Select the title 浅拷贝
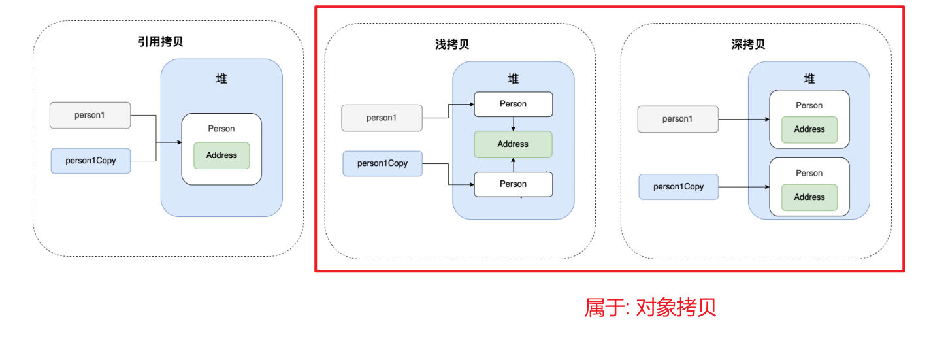[x=452, y=44]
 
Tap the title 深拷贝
[x=748, y=44]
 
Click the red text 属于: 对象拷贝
[x=650, y=307]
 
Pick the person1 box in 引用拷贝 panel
[x=90, y=115]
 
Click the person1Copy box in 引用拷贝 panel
[x=90, y=160]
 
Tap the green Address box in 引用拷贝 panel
[x=221, y=155]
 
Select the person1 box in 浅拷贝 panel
[x=382, y=118]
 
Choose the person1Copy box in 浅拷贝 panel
[x=382, y=163]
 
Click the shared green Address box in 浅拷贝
[x=513, y=144]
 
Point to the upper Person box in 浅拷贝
[x=513, y=104]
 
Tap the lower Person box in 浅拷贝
[x=513, y=184]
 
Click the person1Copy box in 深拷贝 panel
[x=678, y=186]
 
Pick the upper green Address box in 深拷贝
[x=809, y=129]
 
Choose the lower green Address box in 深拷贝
[x=809, y=197]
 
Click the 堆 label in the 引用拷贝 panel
[x=221, y=78]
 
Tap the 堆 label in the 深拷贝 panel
[x=809, y=78]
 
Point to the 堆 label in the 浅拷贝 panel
[x=514, y=78]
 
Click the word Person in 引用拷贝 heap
[x=221, y=129]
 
